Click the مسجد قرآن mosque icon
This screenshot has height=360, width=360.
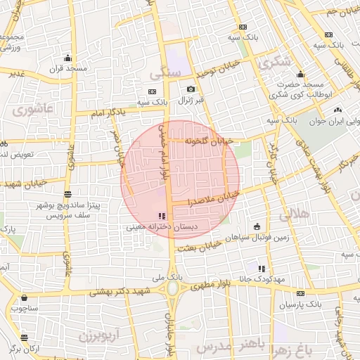coord(67,58)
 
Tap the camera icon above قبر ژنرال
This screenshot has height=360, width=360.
coord(191,89)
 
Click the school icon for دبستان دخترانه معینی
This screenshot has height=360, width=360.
coord(162,216)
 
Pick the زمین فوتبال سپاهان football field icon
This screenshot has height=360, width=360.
coord(256,226)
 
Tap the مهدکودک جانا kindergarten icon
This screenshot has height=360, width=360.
coord(262,269)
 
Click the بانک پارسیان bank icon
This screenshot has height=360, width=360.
coord(300,294)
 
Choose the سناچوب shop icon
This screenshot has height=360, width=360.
coord(25,297)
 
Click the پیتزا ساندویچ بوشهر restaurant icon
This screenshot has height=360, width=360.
coord(67,195)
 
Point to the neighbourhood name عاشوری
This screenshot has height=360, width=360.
coord(31,110)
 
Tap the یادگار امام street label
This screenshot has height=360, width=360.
coord(109,112)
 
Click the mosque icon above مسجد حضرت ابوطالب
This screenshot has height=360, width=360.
coord(301,75)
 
